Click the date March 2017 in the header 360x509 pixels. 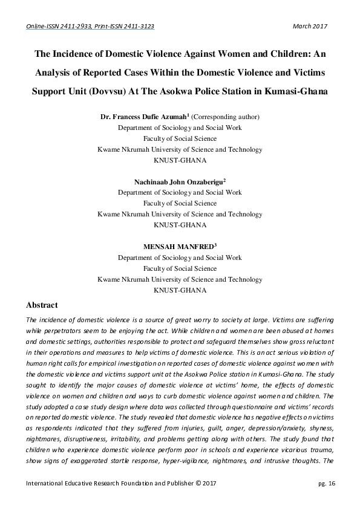(x=310, y=27)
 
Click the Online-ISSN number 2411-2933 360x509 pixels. (x=77, y=27)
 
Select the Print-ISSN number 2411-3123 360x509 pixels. (x=135, y=27)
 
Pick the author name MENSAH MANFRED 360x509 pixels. (x=178, y=246)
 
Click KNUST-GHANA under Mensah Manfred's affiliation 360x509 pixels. (x=180, y=290)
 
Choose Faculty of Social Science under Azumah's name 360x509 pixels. (x=180, y=138)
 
